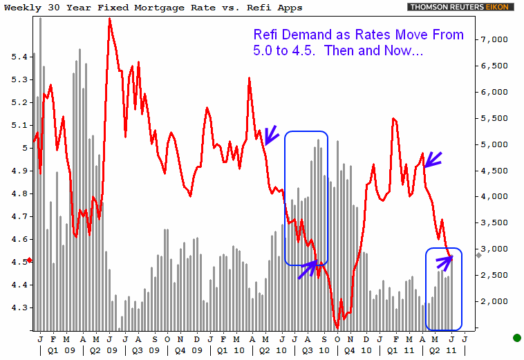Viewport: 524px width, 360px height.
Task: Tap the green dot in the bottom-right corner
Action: click(x=516, y=338)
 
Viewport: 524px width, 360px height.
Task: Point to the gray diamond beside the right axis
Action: click(x=478, y=256)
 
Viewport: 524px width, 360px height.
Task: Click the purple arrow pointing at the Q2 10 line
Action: click(x=271, y=133)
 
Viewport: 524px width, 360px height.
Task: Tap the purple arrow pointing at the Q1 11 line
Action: click(x=432, y=160)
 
